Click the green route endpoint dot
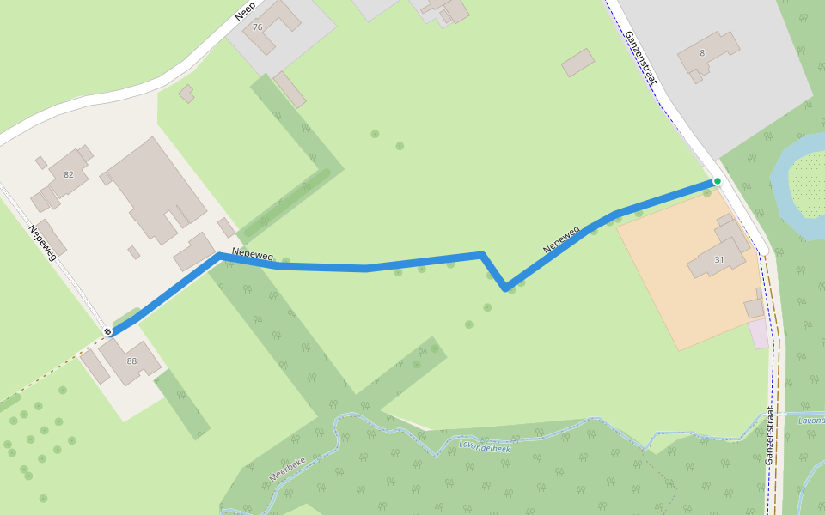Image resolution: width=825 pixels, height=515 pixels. (x=717, y=181)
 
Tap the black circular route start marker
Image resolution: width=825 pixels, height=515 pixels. (x=108, y=331)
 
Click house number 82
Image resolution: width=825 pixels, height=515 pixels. (x=69, y=174)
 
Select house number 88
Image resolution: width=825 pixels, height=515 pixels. (x=131, y=360)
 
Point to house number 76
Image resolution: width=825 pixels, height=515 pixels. (x=257, y=27)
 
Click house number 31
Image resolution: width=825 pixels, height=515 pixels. (x=718, y=259)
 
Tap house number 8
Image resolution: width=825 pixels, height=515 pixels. (x=702, y=53)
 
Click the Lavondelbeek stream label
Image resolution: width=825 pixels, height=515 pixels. (x=485, y=447)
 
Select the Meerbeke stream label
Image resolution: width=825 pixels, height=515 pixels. (x=287, y=468)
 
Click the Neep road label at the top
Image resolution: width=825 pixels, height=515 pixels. (x=246, y=10)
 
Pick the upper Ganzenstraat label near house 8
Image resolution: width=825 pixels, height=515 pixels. (x=641, y=58)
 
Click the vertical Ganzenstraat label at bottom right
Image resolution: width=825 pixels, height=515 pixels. (x=770, y=435)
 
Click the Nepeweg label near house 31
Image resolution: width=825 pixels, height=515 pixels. (x=561, y=239)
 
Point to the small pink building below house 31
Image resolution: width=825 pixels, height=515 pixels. (x=759, y=334)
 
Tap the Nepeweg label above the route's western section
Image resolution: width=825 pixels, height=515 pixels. (x=253, y=254)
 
